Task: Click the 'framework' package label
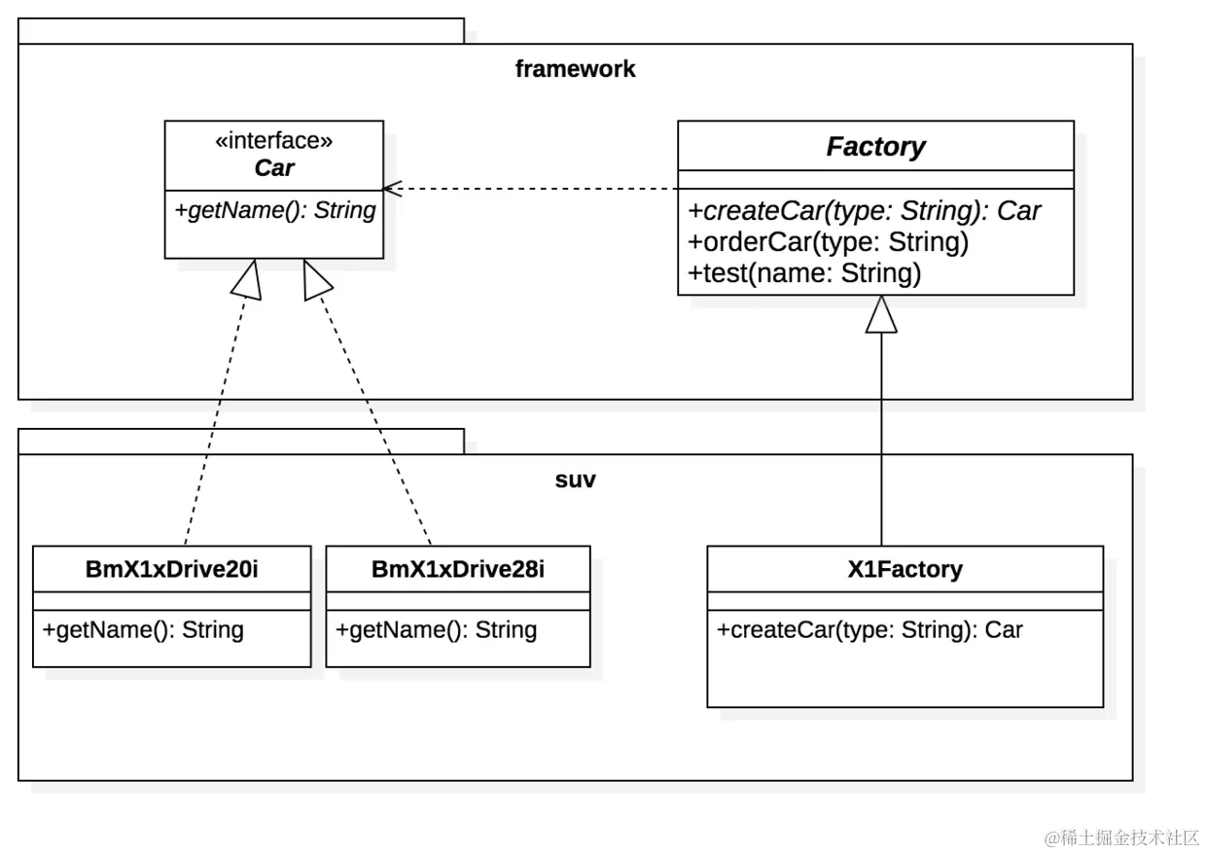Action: (575, 69)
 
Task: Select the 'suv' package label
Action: (575, 480)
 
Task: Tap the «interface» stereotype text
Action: (273, 141)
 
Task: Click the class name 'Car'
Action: (273, 167)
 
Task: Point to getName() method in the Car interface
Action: (274, 210)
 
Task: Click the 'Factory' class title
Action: (875, 147)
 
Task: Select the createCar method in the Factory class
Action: (865, 211)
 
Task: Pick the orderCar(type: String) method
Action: (829, 241)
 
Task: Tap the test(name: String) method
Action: (804, 273)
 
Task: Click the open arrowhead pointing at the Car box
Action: (391, 188)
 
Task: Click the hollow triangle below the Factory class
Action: (881, 314)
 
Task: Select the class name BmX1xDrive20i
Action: (172, 569)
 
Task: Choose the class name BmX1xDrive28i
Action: (458, 569)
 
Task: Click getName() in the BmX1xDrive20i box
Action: (143, 629)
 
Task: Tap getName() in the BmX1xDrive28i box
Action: (437, 629)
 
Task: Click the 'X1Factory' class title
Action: (904, 569)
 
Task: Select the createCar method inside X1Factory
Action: (869, 629)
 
